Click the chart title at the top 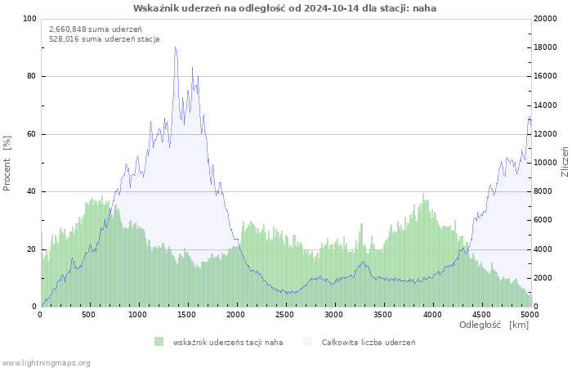tap(284, 8)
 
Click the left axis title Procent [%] tap(7, 164)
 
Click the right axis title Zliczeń tap(564, 162)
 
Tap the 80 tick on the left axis tap(31, 77)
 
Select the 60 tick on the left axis tap(31, 134)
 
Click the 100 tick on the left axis tap(29, 19)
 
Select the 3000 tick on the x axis tap(333, 314)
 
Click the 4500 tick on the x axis tap(480, 314)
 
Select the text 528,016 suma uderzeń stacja tap(105, 38)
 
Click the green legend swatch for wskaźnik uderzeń tap(159, 341)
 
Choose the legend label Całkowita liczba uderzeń tap(369, 342)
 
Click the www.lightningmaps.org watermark tap(46, 362)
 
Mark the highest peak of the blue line tap(175, 47)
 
